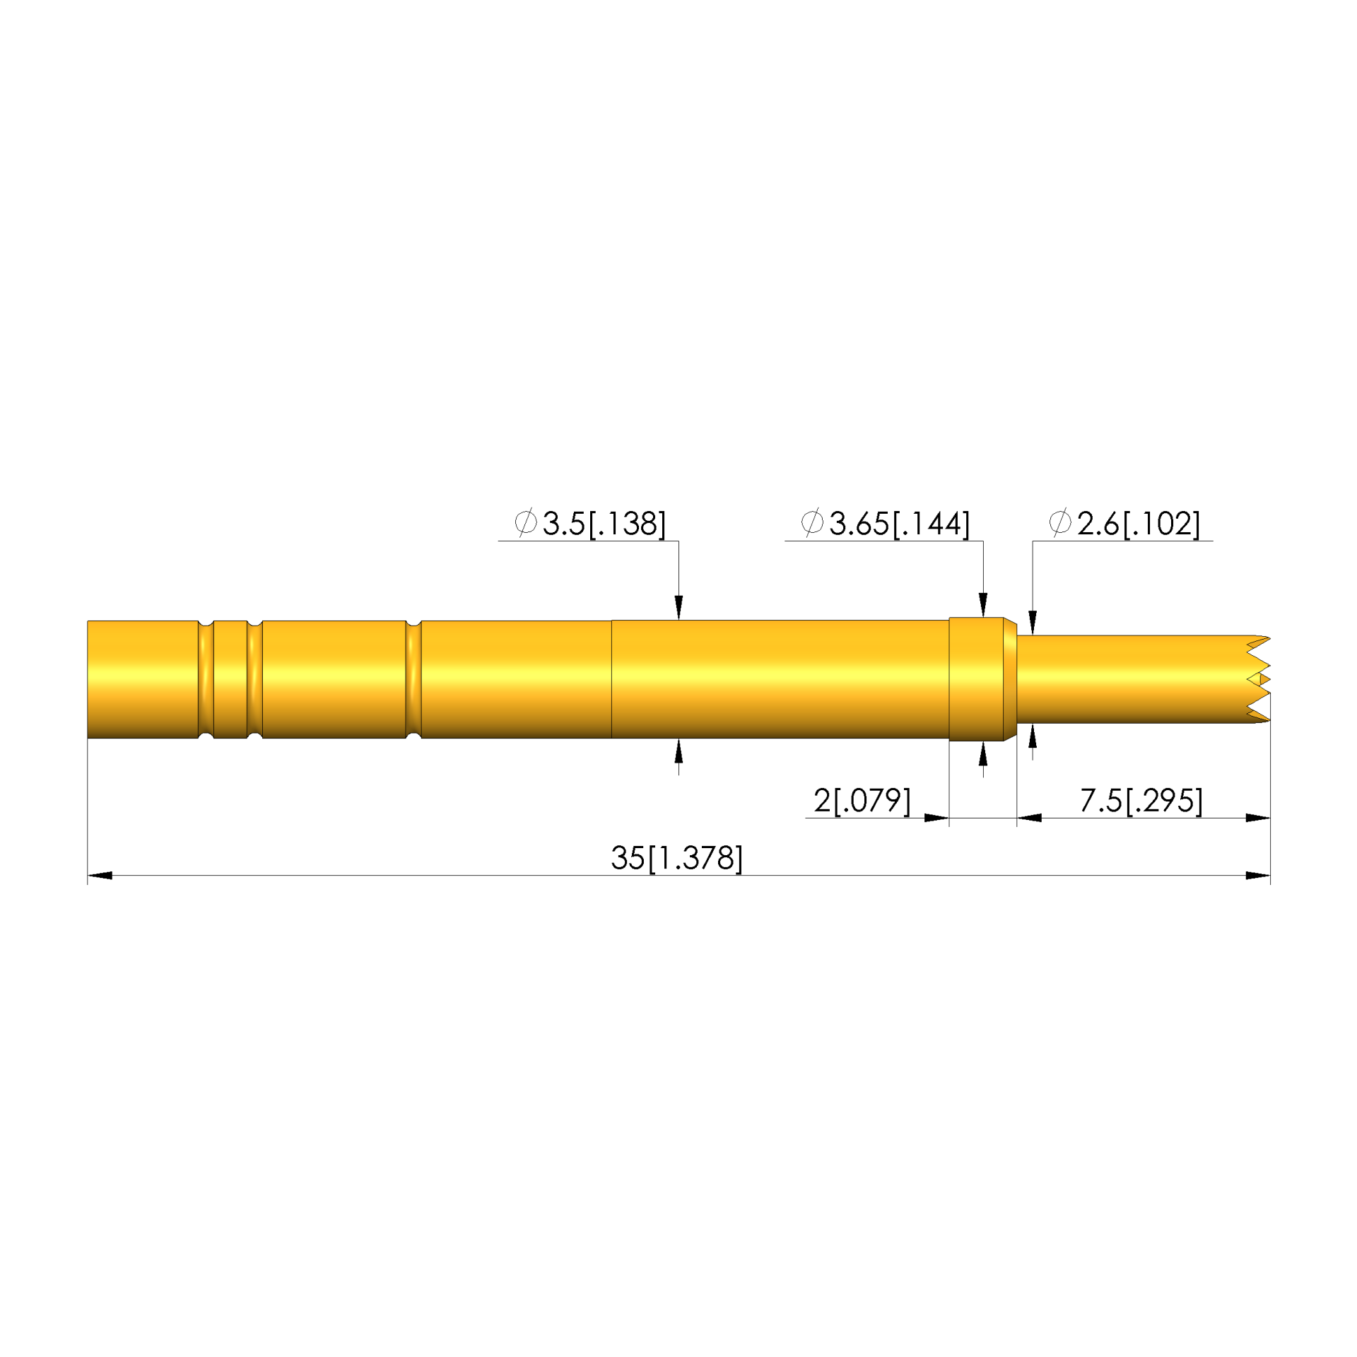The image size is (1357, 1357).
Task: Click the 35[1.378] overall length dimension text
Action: [x=676, y=858]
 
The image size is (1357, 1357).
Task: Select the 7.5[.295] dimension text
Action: [x=1141, y=801]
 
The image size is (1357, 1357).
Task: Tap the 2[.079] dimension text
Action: [x=862, y=801]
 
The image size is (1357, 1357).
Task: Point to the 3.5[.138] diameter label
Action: [x=604, y=524]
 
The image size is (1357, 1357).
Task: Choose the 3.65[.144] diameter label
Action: [x=899, y=524]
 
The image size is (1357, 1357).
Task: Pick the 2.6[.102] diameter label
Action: [x=1138, y=524]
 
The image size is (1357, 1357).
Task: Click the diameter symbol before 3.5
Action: [x=526, y=522]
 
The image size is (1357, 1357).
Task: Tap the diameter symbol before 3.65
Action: [x=812, y=522]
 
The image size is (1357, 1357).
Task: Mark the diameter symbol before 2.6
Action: [x=1060, y=522]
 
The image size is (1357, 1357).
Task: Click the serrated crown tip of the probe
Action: [x=1258, y=679]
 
